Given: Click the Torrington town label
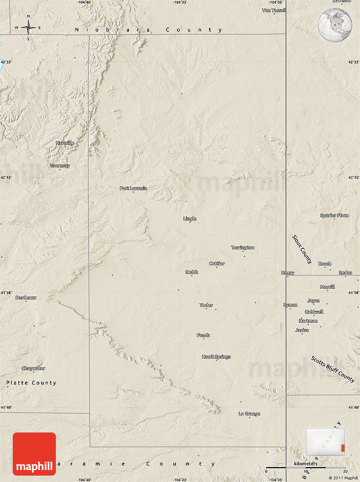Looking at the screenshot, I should coord(243,248).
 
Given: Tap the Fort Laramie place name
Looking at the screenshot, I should coord(133,188).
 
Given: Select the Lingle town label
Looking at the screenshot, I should coord(190,219).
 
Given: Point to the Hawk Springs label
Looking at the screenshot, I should coord(216,357).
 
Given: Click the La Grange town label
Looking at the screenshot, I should coord(249,414).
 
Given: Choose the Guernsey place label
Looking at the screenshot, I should coord(60,166).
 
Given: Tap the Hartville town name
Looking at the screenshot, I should coord(65,143).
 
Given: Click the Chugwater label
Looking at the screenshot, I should coord(33,368).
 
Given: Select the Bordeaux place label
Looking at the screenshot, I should coord(26,297).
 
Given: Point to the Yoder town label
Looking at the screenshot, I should coord(206,305).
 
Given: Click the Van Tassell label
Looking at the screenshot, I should coord(274,10).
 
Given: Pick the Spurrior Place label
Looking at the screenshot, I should coord(334,216).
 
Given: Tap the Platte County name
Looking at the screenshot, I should coord(31,383).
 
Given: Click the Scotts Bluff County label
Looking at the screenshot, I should coord(333,369).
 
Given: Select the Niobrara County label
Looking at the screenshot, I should coord(148,30).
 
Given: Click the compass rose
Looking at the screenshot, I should coord(28,28).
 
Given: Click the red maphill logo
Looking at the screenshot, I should coord(34,454).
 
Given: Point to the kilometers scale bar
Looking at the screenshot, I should coord(305,468).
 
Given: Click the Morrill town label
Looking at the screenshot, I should coord(327,287).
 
